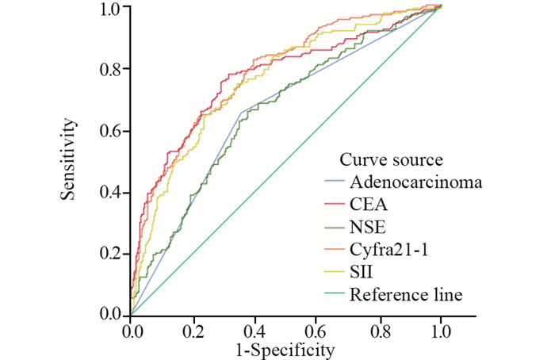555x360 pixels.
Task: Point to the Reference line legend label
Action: pyautogui.click(x=406, y=294)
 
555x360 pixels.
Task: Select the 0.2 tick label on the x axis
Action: pyautogui.click(x=193, y=329)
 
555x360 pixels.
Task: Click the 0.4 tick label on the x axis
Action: pyautogui.click(x=255, y=329)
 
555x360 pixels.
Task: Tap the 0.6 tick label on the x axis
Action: pyautogui.click(x=316, y=329)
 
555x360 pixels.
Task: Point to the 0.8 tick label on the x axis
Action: pyautogui.click(x=378, y=329)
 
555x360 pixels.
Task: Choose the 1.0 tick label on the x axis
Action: pyautogui.click(x=440, y=329)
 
